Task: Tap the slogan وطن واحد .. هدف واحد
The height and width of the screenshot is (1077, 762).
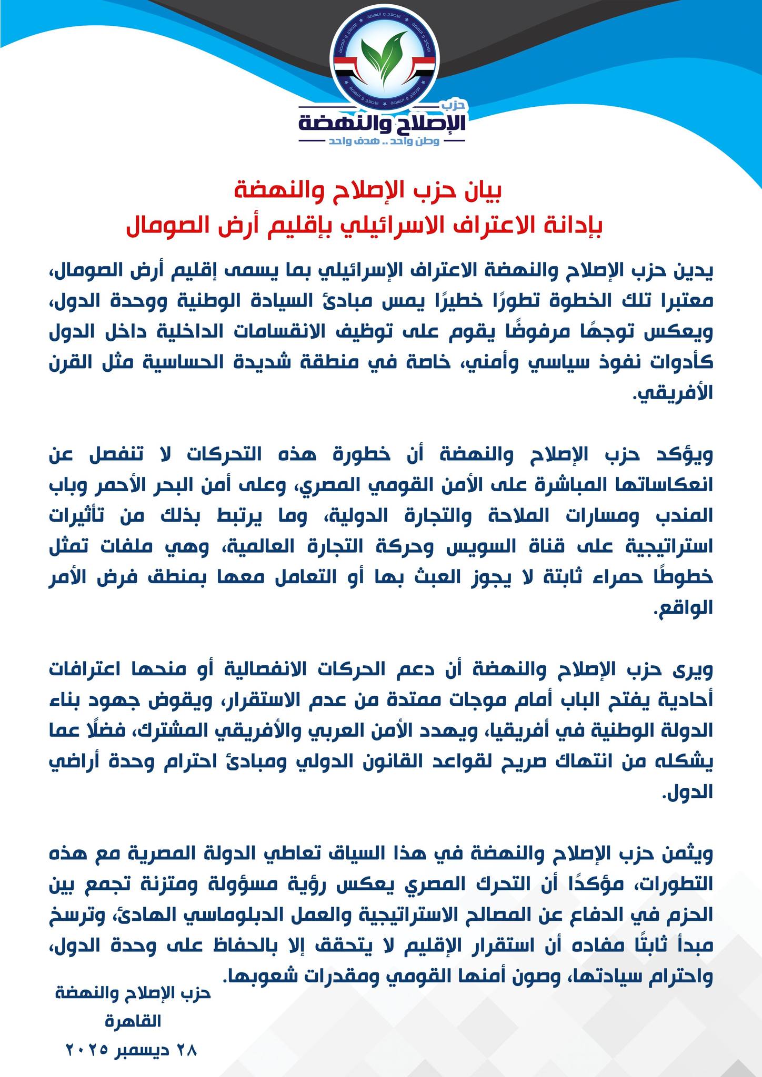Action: (x=383, y=142)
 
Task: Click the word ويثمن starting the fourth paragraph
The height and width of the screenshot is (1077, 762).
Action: (x=690, y=854)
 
